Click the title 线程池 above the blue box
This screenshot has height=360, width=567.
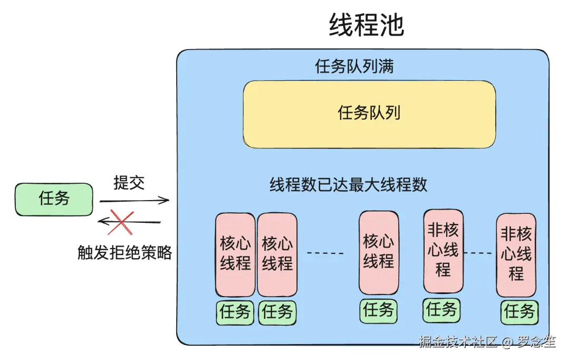tap(366, 25)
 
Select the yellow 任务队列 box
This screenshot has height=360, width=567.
tap(369, 114)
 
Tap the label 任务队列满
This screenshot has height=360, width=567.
tap(354, 67)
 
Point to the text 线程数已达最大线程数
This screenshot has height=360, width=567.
tap(348, 185)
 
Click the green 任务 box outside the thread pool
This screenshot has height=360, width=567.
tap(54, 199)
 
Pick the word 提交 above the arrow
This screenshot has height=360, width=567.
tap(129, 183)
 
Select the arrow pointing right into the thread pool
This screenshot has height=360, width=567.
tap(134, 201)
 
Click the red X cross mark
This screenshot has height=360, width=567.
tap(121, 222)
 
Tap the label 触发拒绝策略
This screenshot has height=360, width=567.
tap(124, 253)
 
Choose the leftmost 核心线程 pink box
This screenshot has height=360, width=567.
tap(235, 254)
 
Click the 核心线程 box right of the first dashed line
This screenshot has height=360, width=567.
tap(378, 252)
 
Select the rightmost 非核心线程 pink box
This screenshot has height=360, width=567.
tap(516, 254)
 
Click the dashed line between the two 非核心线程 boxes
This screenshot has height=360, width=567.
tap(480, 252)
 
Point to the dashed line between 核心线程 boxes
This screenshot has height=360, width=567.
tap(325, 253)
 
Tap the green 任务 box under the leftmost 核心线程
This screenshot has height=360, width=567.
tap(235, 312)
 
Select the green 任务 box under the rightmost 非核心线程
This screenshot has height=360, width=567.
tap(520, 311)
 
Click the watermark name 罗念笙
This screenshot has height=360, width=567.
tap(536, 342)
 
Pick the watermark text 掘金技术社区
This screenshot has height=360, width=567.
tap(458, 342)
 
